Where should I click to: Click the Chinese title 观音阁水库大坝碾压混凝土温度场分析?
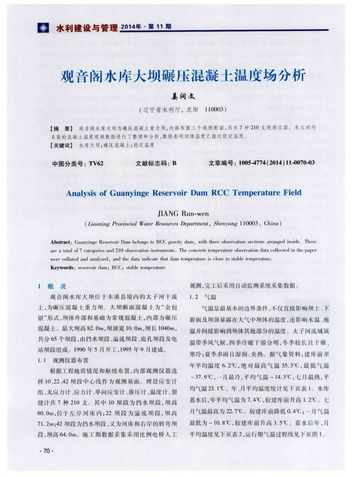183,77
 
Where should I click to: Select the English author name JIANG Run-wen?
183,214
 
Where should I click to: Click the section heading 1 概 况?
53,286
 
